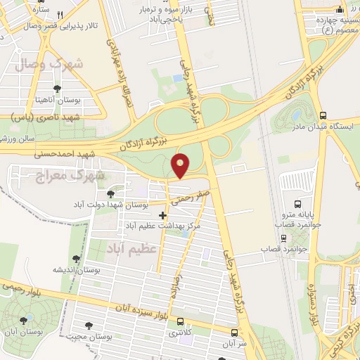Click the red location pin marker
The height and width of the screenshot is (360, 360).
(x=181, y=165)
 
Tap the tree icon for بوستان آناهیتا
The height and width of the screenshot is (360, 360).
(x=56, y=89)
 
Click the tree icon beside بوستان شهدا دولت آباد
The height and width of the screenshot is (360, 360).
(x=110, y=193)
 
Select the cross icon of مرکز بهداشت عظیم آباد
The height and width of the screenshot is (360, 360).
(x=162, y=215)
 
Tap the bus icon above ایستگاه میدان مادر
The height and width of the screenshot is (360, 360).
(x=322, y=116)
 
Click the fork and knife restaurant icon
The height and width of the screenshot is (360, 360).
(x=60, y=15)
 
